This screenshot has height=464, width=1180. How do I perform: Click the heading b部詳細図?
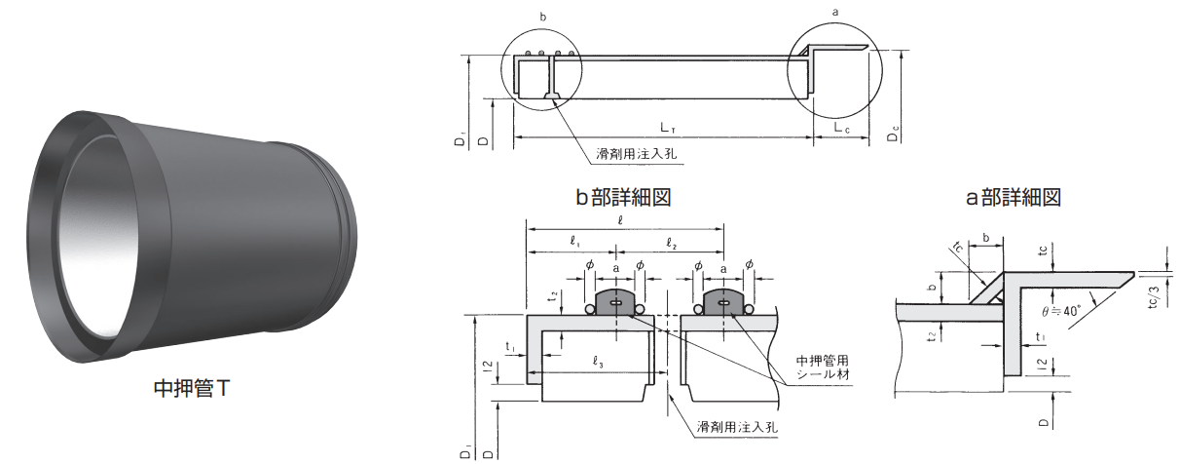click(624, 198)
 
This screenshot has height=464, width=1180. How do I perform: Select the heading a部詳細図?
click(1013, 198)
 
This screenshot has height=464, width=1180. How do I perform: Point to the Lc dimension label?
click(842, 128)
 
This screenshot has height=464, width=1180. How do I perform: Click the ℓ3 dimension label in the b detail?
click(599, 364)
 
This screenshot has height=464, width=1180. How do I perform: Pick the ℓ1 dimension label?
click(575, 241)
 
